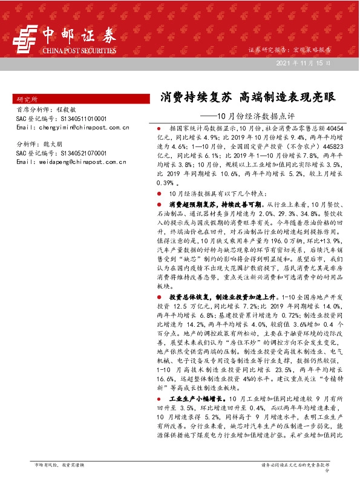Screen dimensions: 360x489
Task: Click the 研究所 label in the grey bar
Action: [28, 99]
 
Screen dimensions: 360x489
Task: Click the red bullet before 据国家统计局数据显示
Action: [159, 130]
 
